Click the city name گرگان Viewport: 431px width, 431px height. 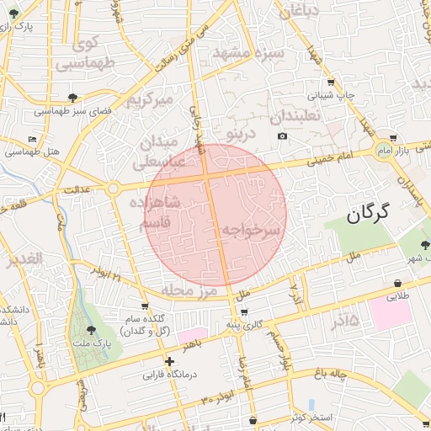(x=370, y=214)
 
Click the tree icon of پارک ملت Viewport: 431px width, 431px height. (x=91, y=330)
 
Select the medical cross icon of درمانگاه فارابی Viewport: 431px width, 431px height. (x=170, y=361)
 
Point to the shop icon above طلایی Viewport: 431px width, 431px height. (x=396, y=285)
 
